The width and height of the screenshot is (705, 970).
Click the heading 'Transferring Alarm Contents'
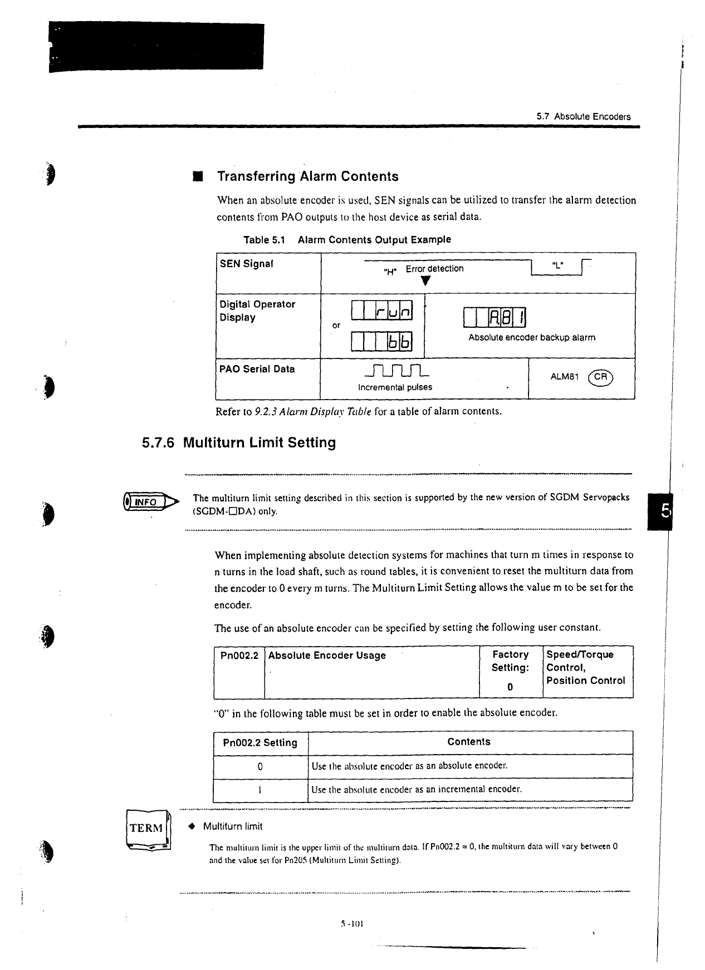pos(307,176)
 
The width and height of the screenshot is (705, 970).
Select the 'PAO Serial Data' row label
pos(257,369)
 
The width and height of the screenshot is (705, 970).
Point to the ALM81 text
pos(565,377)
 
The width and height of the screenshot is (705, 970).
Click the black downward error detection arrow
pos(425,281)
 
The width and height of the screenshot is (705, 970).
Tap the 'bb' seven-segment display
pos(381,341)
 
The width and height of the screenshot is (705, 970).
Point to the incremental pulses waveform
pos(395,370)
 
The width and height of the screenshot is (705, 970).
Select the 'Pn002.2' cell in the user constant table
pos(239,656)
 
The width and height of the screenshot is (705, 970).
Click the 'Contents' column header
pos(469,742)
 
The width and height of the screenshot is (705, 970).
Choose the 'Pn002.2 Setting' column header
pos(260,742)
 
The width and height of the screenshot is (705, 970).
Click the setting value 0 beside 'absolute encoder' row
pos(260,766)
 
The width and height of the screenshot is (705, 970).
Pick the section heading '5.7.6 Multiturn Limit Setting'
pos(239,443)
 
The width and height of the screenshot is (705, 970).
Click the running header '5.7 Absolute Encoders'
pos(584,117)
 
